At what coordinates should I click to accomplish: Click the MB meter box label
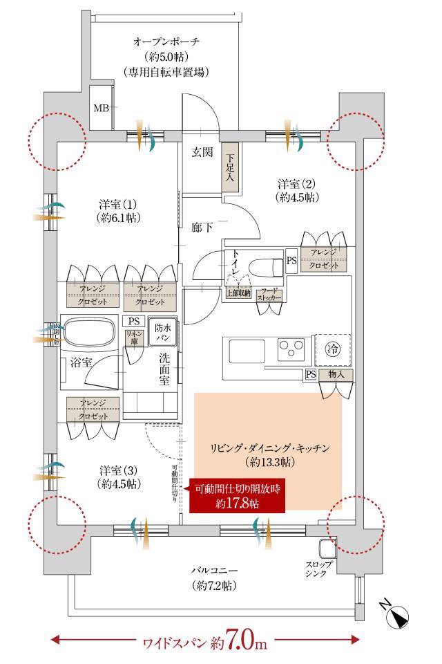tap(101, 108)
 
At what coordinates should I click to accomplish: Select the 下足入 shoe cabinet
tap(229, 169)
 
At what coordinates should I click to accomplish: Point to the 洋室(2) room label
tap(296, 190)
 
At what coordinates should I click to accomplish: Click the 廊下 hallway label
tap(202, 226)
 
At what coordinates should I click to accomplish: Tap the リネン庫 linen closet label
tap(133, 338)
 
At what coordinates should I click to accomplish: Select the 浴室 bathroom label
tap(81, 363)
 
